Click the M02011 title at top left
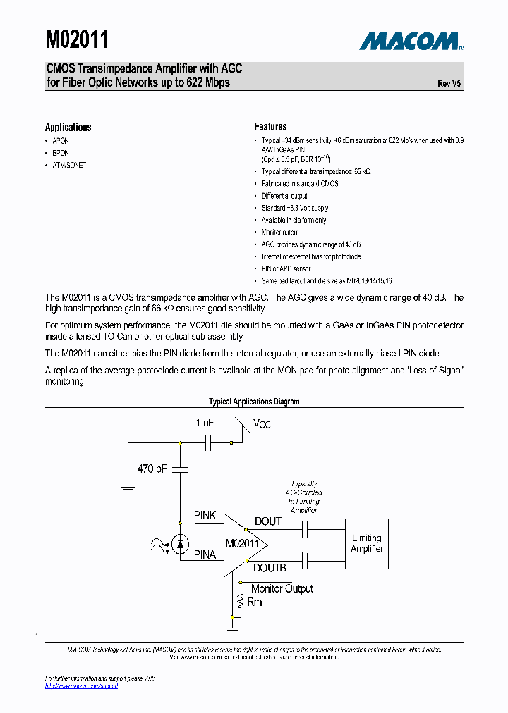click(77, 39)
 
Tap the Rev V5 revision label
click(449, 83)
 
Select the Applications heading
click(68, 127)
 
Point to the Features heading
click(270, 127)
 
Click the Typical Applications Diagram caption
click(254, 402)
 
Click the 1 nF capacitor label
click(205, 423)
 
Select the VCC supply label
click(262, 423)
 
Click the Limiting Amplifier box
click(367, 543)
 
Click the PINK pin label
click(205, 516)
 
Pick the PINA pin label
click(205, 555)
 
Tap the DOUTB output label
click(270, 568)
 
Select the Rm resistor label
click(254, 602)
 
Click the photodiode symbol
click(181, 543)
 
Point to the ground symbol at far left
click(128, 488)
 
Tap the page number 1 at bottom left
click(37, 637)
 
